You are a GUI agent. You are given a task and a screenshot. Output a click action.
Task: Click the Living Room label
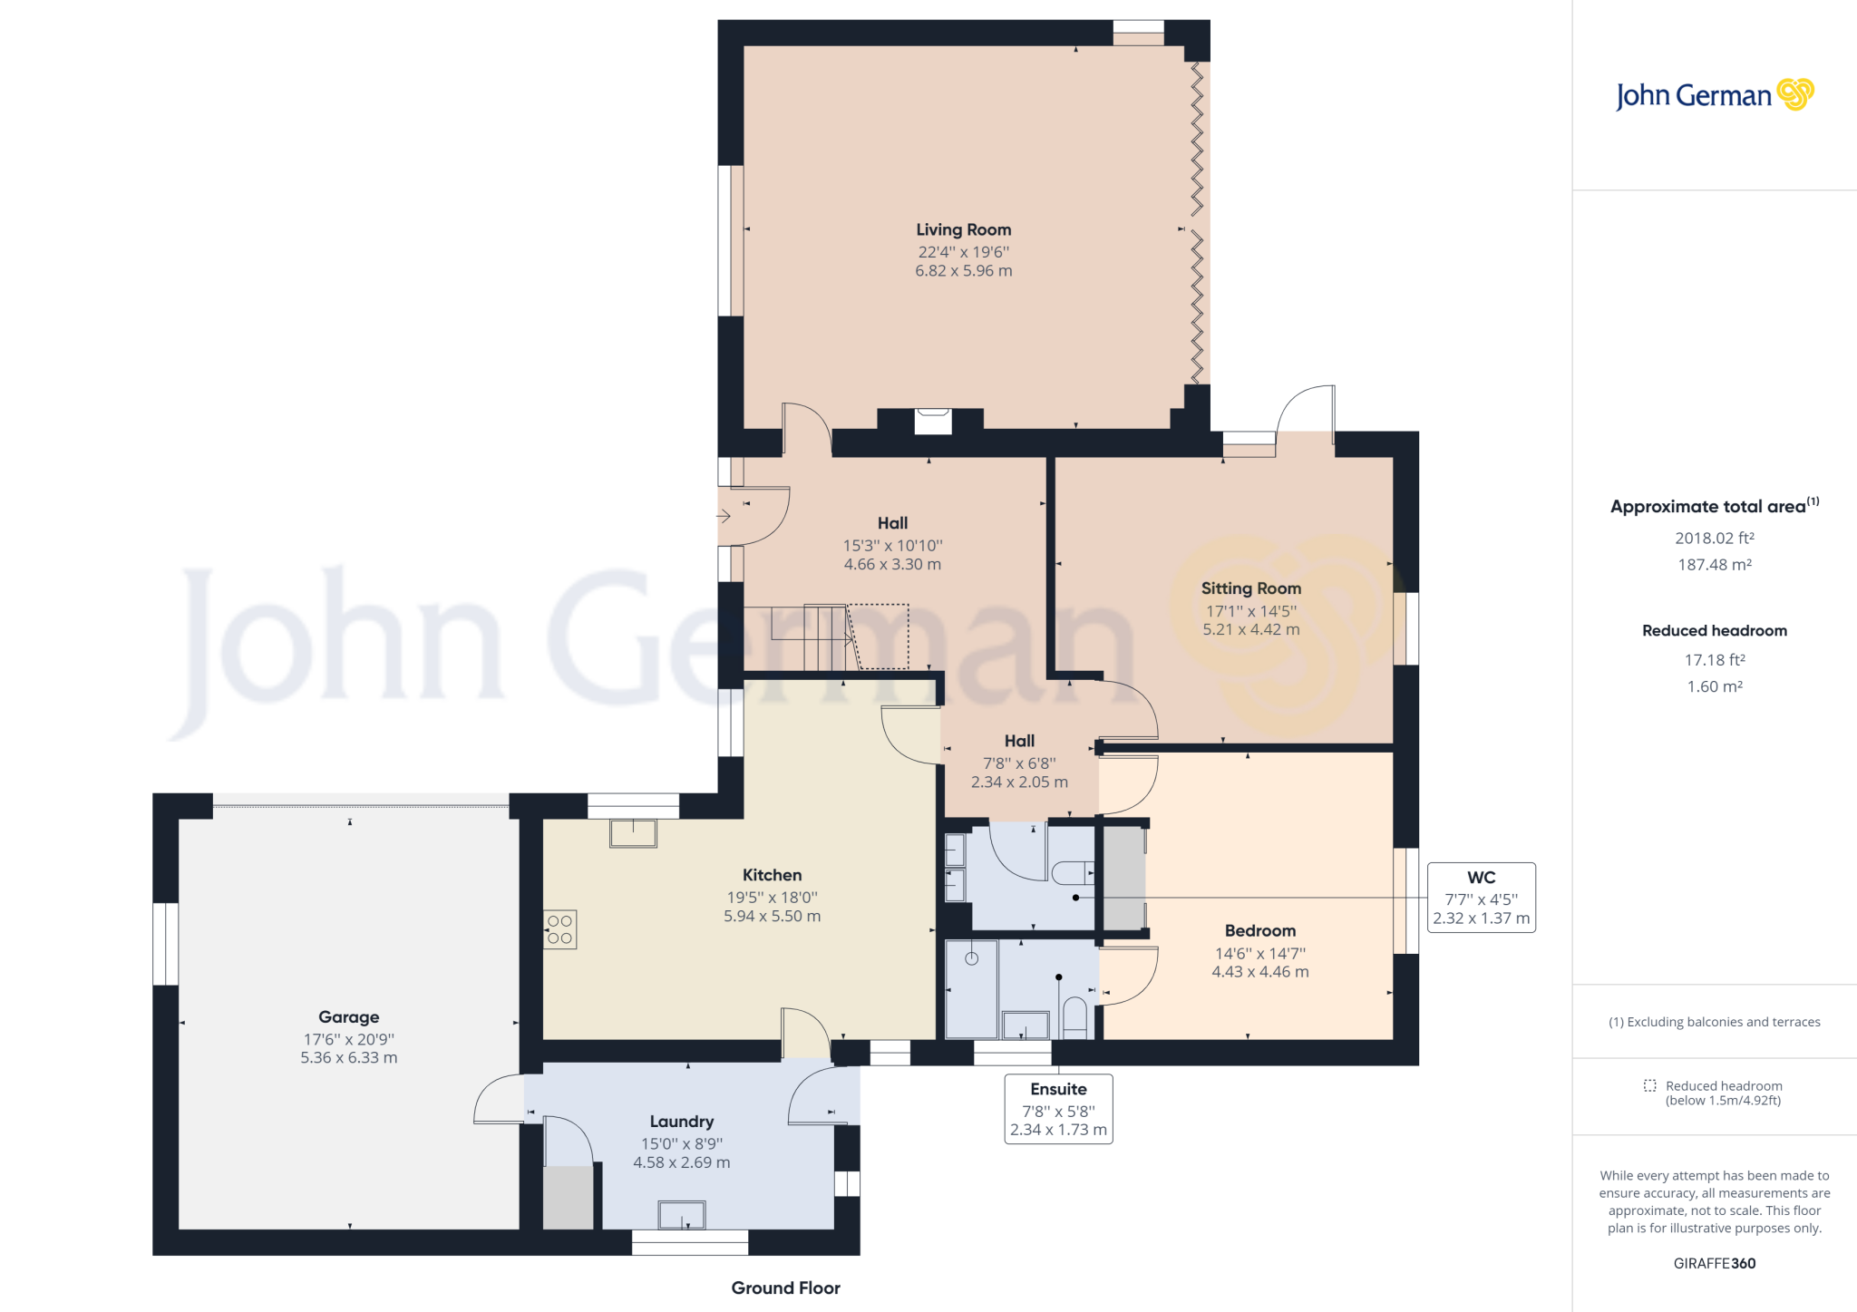[963, 230]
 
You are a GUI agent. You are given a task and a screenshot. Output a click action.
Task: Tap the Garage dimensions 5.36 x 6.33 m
[349, 1058]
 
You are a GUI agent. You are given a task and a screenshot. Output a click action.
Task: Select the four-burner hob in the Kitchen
[560, 929]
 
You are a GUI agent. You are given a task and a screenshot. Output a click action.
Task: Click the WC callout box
[1481, 898]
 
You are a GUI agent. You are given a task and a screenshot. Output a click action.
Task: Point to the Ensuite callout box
[1058, 1109]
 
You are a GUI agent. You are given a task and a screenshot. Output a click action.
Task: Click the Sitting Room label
[1250, 588]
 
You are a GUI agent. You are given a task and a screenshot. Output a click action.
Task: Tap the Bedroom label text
[1259, 931]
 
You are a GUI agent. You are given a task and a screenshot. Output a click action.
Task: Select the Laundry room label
[681, 1122]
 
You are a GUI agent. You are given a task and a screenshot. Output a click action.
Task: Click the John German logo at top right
[1714, 95]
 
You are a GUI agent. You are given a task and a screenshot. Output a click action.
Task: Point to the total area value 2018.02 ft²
[1714, 539]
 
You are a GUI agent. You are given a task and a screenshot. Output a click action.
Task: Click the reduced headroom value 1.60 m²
[1714, 687]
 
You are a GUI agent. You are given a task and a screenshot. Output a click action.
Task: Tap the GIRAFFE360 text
[1714, 1264]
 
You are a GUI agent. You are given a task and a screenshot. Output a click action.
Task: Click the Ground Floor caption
[785, 1288]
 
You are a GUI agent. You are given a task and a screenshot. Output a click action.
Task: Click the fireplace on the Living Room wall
[932, 421]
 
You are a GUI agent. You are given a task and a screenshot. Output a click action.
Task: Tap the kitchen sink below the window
[633, 832]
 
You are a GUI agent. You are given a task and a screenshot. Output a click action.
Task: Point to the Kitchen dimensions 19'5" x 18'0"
[772, 898]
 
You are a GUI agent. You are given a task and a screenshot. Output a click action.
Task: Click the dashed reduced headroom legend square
[1649, 1086]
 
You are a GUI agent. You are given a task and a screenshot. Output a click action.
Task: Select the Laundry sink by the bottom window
[681, 1214]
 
